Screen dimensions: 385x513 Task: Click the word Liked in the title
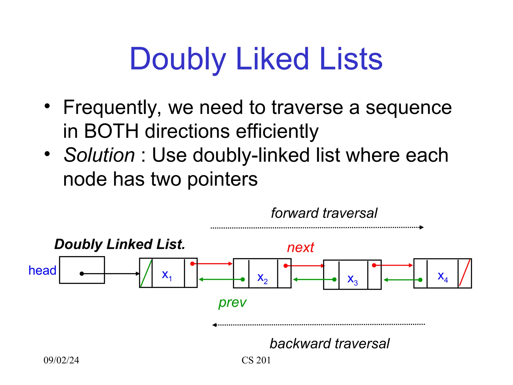[272, 59]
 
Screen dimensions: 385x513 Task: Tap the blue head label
[42, 270]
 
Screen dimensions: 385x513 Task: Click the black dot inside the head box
[82, 274]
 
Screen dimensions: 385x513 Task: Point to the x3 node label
[352, 279]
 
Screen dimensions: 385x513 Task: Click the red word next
[300, 248]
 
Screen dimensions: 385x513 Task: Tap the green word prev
[232, 303]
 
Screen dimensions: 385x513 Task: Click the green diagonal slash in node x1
[146, 273]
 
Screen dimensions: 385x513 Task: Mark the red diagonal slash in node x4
[465, 273]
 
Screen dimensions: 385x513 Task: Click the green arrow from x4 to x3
[402, 280]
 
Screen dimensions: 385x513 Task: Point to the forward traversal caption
[324, 213]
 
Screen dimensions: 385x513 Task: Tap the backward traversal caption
[329, 344]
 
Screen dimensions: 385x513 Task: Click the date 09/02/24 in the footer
[61, 360]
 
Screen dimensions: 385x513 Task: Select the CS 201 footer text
[256, 360]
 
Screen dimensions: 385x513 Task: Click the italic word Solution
[99, 155]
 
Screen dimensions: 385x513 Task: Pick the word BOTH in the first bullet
[111, 131]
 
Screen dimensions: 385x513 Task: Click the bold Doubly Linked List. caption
[120, 244]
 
